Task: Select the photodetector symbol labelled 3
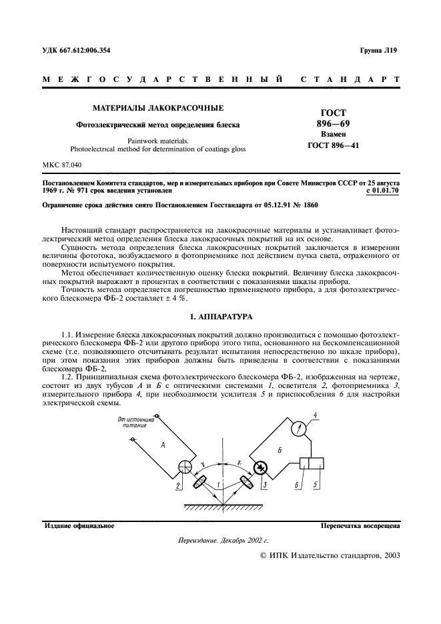[260, 467]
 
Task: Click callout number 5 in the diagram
[316, 485]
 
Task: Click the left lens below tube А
[200, 481]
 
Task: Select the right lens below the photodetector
[245, 481]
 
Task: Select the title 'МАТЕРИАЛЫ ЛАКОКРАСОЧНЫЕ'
[157, 107]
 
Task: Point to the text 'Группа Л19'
[378, 51]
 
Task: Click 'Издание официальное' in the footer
[79, 525]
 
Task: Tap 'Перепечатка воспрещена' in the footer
[360, 525]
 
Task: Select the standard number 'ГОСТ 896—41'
[333, 145]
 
